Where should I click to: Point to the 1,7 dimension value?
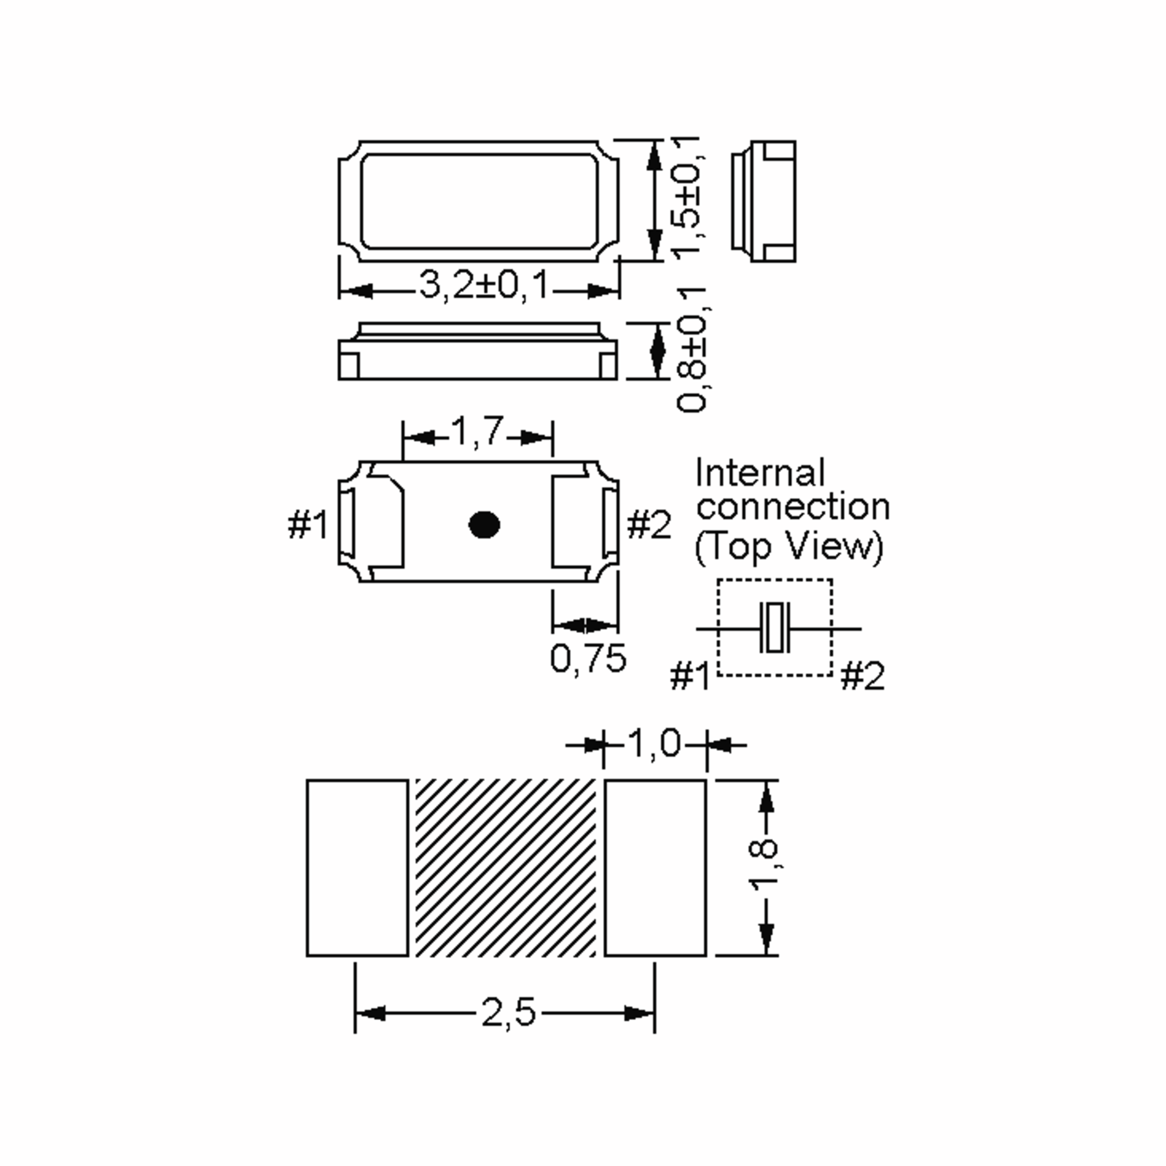[x=477, y=431]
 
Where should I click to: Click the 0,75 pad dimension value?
[x=588, y=658]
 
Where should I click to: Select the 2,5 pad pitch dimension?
[x=508, y=1012]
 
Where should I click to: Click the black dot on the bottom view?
[x=484, y=525]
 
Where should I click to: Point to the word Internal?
[x=760, y=473]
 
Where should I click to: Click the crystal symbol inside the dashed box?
[x=774, y=628]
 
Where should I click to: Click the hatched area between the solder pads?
[x=506, y=867]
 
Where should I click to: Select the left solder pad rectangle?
[x=357, y=867]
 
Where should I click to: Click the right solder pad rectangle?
[x=655, y=867]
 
